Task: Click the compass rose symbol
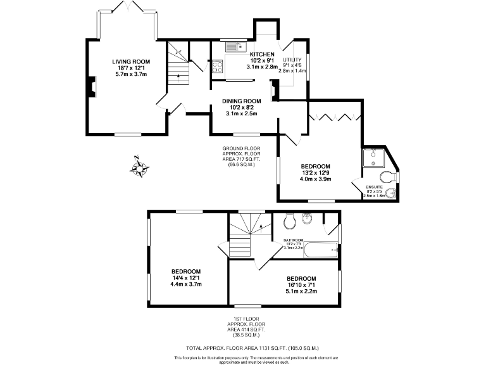(x=139, y=168)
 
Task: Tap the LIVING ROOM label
(x=131, y=61)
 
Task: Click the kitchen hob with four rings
(x=218, y=66)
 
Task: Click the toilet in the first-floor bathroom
(x=290, y=221)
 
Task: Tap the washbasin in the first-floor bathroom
(x=308, y=219)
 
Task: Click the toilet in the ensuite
(x=387, y=176)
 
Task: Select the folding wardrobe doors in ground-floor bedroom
(x=333, y=117)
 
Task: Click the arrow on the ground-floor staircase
(x=179, y=75)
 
